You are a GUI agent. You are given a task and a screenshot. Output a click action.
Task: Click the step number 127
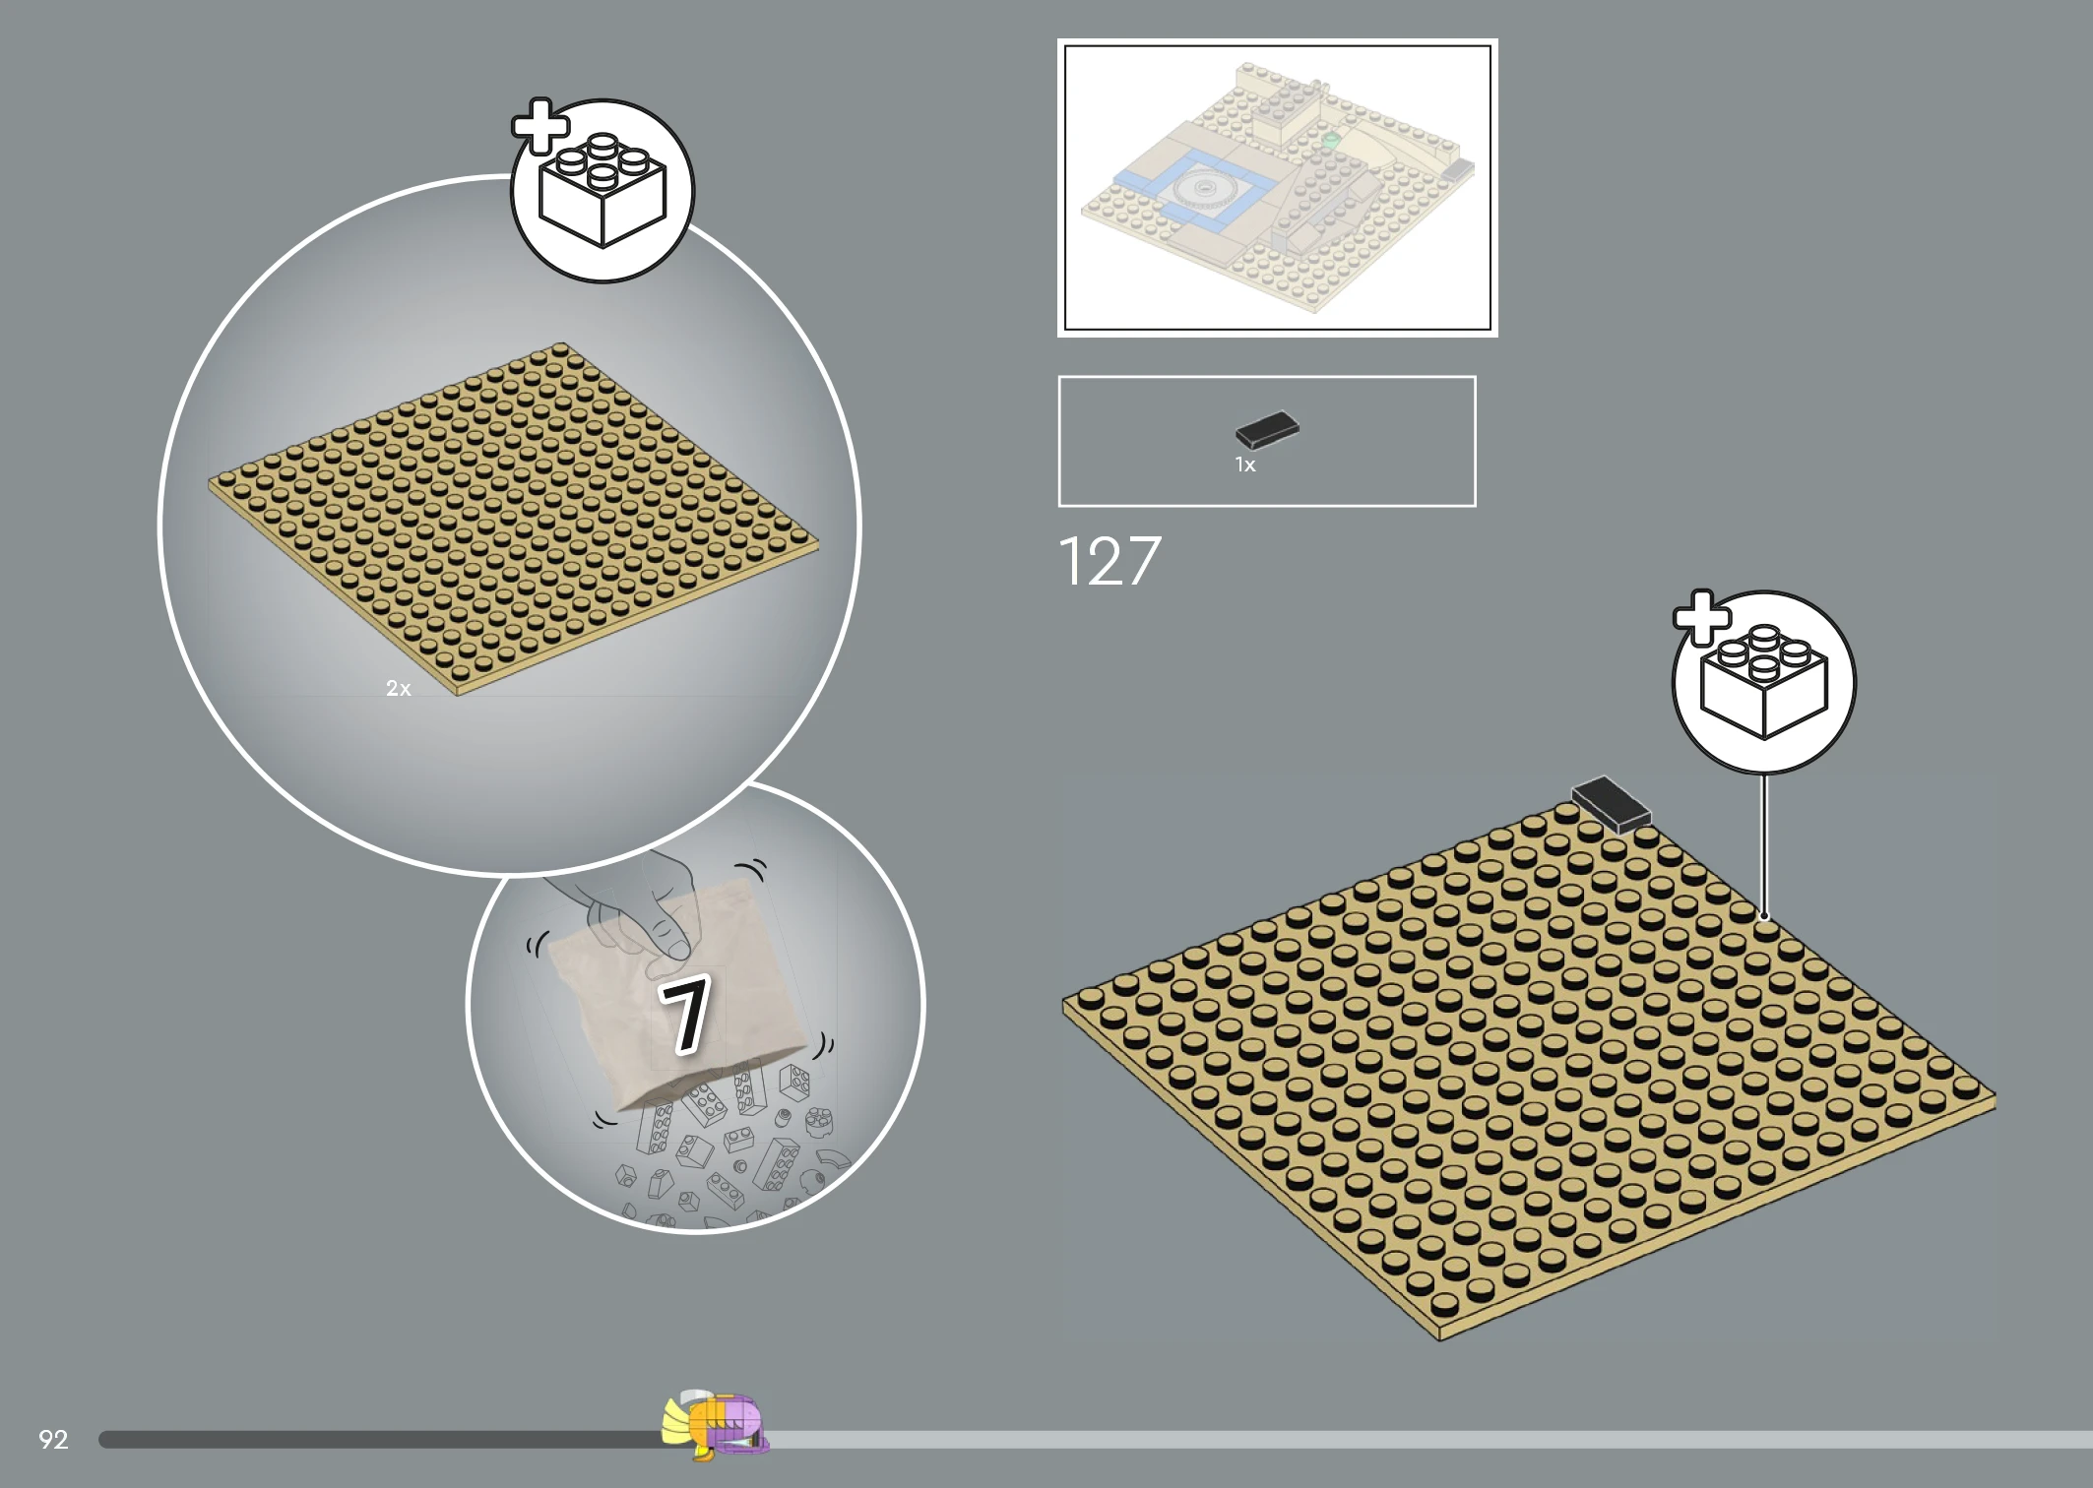tap(1110, 561)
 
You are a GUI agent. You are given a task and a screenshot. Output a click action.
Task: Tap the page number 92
tap(53, 1440)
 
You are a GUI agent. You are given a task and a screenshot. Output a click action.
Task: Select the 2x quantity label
tap(399, 689)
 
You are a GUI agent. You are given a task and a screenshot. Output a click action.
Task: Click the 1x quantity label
tap(1245, 465)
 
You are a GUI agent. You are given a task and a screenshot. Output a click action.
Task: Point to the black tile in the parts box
tap(1268, 430)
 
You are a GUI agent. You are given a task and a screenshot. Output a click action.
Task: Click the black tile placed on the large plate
tap(1611, 804)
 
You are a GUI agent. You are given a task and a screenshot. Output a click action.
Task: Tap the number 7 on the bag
tap(684, 1014)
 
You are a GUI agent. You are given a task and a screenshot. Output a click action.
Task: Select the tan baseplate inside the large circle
tap(513, 519)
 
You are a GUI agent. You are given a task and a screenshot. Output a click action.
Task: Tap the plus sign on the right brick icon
tap(1702, 618)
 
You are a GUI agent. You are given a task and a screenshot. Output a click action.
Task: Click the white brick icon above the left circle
tap(603, 191)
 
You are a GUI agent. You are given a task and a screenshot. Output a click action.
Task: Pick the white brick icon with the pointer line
tap(1764, 682)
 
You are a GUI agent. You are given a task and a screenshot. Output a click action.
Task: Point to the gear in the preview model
tap(1203, 187)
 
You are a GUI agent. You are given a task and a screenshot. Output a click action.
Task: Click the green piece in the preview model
tap(1331, 141)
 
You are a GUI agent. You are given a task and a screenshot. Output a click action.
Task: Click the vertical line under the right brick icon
tap(1764, 846)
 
